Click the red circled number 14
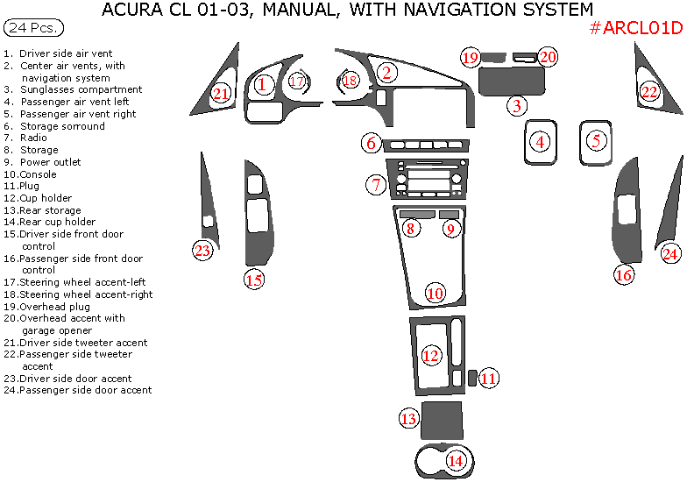point(455,461)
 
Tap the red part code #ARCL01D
point(635,28)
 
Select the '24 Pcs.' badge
point(34,27)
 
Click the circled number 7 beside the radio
point(376,185)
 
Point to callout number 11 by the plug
point(488,379)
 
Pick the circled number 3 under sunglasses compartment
point(517,106)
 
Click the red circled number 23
point(203,252)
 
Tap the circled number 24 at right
point(670,254)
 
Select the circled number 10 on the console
point(436,293)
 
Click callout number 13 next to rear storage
point(409,419)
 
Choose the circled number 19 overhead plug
point(471,58)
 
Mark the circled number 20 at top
point(548,57)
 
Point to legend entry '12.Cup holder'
point(37,198)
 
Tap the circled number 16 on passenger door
point(623,275)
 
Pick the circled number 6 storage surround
point(371,143)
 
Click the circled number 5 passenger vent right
point(597,140)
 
